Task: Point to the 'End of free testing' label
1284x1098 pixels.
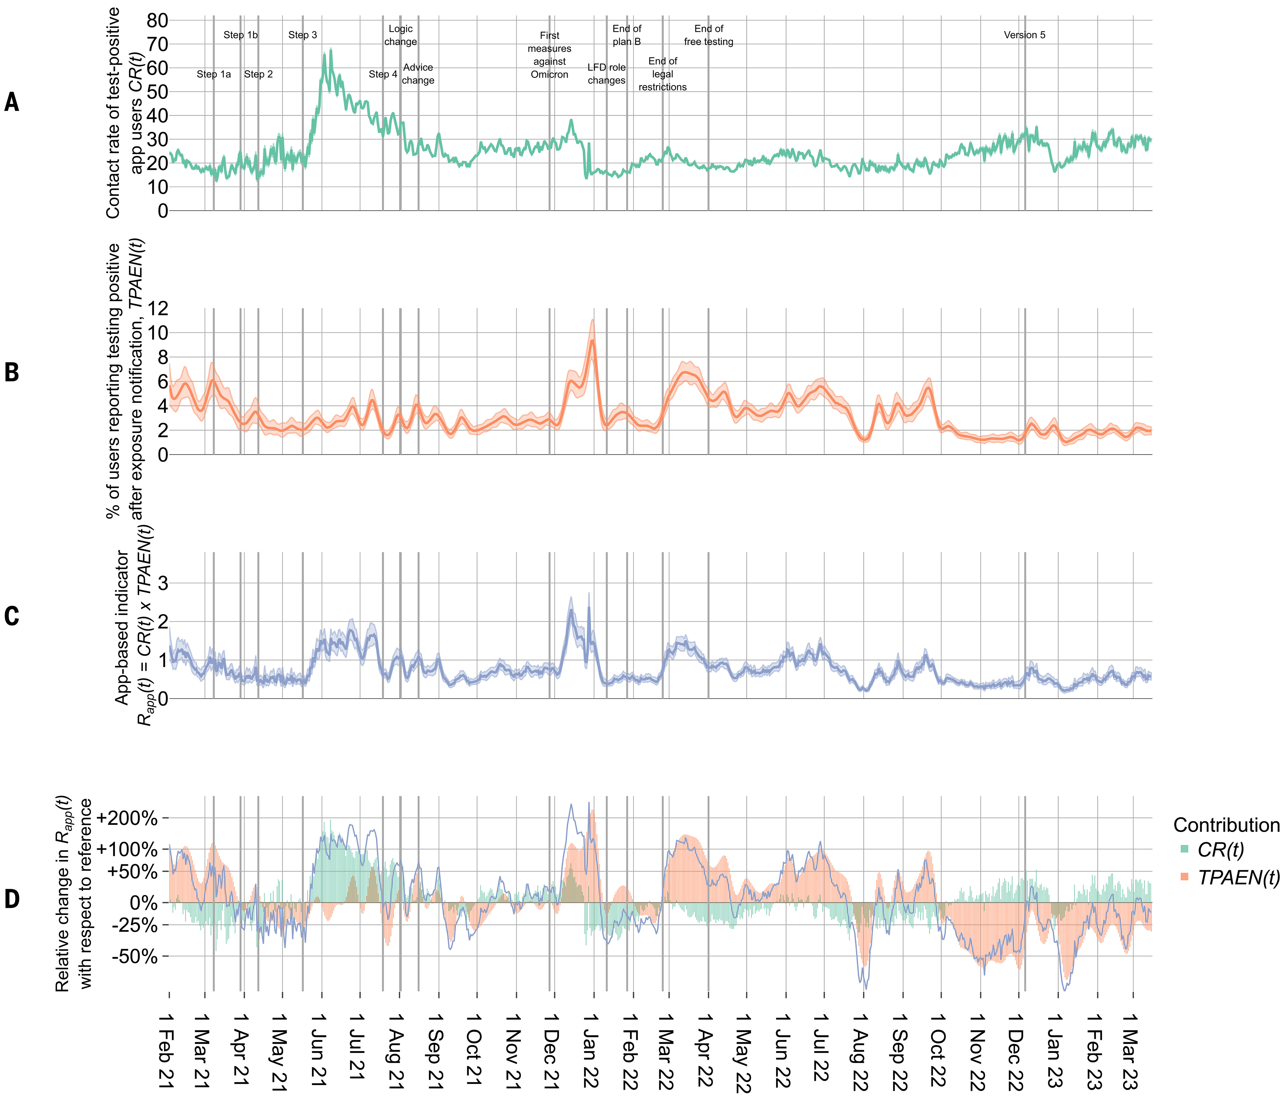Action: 708,35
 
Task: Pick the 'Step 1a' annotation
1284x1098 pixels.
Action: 214,74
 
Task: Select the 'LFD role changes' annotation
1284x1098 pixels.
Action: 607,74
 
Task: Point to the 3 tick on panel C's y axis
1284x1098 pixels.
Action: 162,583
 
